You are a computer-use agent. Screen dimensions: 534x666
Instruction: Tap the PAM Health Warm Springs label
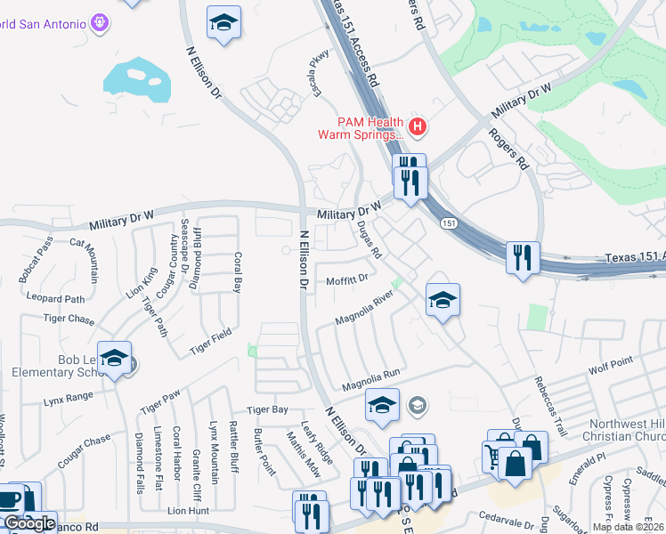point(361,129)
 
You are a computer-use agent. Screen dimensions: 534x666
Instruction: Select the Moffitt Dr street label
point(348,279)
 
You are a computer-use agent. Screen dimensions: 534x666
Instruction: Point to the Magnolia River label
point(363,307)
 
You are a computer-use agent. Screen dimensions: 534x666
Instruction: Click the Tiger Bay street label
point(267,409)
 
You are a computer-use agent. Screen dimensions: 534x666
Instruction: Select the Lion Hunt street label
point(188,511)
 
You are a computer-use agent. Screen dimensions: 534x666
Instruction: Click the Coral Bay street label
point(238,271)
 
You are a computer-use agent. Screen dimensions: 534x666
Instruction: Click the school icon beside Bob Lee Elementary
point(114,358)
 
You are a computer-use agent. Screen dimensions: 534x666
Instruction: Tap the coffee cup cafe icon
point(10,499)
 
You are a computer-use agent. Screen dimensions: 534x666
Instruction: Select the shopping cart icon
point(494,457)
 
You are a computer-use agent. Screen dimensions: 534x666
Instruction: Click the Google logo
point(29,523)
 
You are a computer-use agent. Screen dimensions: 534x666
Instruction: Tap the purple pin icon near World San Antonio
point(98,20)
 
